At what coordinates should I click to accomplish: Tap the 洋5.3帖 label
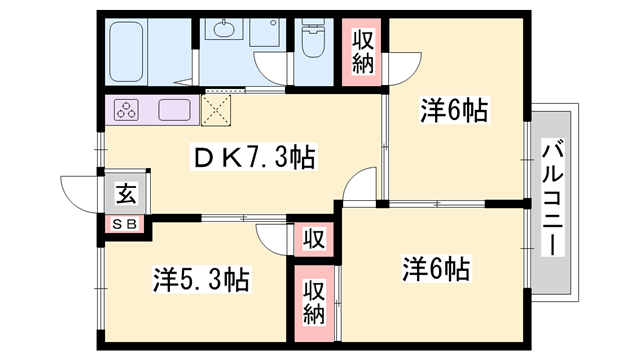pos(201,277)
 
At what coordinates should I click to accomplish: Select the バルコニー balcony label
pos(551,200)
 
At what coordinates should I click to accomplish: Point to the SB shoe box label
pos(126,223)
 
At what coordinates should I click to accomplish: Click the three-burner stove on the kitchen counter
pos(129,110)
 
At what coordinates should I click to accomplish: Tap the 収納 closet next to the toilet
pos(362,52)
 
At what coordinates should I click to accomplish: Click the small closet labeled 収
pos(313,240)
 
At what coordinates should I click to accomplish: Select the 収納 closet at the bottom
pos(314,301)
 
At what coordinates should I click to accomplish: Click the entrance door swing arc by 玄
pos(80,190)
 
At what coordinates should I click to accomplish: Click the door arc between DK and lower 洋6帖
pos(359,186)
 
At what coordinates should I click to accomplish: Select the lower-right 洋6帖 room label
pos(437,269)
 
